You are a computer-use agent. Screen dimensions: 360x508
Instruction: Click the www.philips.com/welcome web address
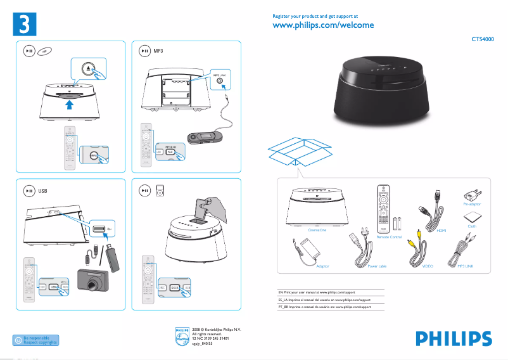[323, 25]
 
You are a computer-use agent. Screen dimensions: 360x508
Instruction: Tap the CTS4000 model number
[483, 39]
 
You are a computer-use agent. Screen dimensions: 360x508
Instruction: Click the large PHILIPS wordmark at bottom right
[453, 338]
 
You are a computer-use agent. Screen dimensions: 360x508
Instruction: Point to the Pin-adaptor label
[472, 204]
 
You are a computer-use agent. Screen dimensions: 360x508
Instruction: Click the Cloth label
[472, 226]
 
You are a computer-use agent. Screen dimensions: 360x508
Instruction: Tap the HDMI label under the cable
[441, 231]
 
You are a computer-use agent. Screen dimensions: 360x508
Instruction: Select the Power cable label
[377, 267]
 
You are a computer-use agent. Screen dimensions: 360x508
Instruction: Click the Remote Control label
[389, 236]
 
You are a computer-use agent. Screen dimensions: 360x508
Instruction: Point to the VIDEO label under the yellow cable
[428, 267]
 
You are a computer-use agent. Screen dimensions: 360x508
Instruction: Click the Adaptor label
[322, 267]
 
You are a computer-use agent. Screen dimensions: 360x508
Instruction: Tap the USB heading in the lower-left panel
[43, 190]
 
